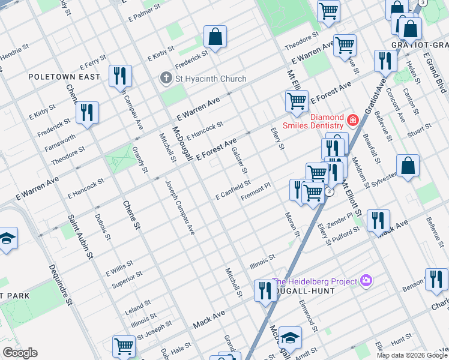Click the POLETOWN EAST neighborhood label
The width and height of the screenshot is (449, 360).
pyautogui.click(x=64, y=77)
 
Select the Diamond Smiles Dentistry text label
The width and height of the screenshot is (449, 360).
pyautogui.click(x=327, y=121)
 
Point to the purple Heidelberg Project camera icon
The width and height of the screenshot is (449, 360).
pyautogui.click(x=366, y=281)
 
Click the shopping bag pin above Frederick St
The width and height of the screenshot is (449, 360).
pyautogui.click(x=215, y=37)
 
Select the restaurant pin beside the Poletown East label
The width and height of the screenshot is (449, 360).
pyautogui.click(x=120, y=76)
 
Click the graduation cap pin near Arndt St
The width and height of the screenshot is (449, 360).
pyautogui.click(x=289, y=338)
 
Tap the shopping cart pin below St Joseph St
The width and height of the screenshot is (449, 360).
pyautogui.click(x=124, y=346)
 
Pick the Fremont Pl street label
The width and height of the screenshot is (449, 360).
pyautogui.click(x=256, y=193)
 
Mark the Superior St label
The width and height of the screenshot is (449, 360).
pyautogui.click(x=127, y=279)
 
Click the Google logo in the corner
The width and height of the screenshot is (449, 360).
pyautogui.click(x=20, y=352)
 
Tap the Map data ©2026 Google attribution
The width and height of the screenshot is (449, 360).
pyautogui.click(x=411, y=355)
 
